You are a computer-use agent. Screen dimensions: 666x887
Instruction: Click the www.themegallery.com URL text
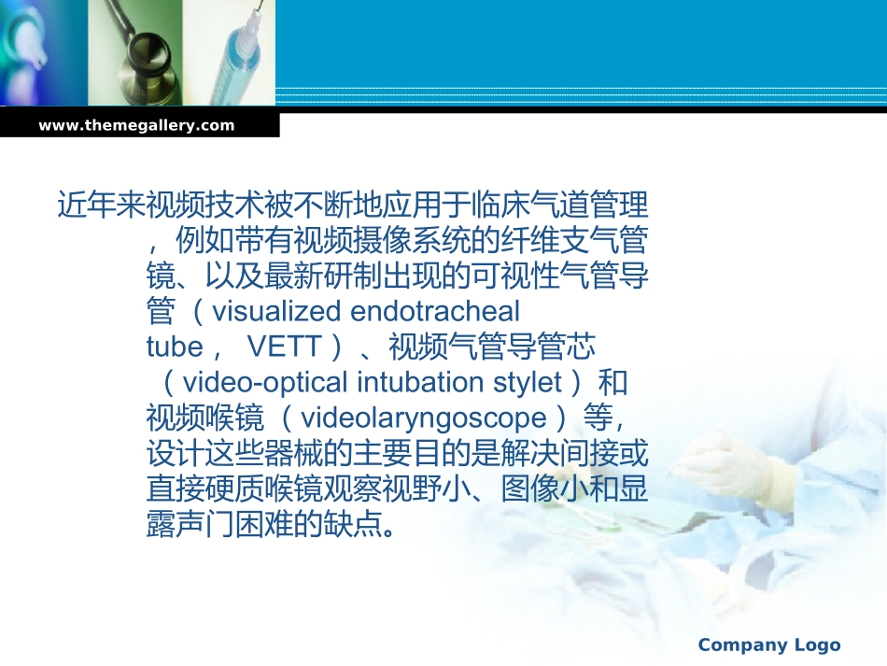136,125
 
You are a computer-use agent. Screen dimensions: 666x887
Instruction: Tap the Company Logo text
768,645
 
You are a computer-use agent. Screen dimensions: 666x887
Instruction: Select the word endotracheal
435,310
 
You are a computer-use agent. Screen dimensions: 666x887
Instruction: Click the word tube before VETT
175,347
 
